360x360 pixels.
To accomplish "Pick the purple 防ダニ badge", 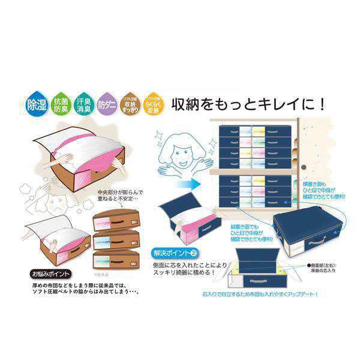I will pos(106,106).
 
